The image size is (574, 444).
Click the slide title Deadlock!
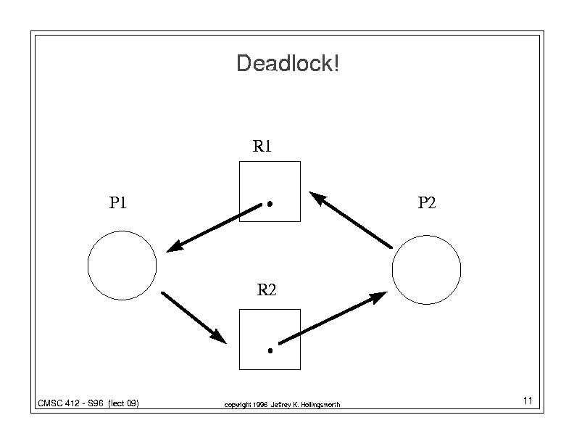tap(288, 63)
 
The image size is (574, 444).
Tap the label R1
tap(262, 146)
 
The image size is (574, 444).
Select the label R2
tap(267, 289)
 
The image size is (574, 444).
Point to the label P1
tap(118, 202)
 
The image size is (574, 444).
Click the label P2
tap(427, 202)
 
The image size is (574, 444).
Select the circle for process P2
tap(392, 270)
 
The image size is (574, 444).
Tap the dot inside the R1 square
tap(270, 204)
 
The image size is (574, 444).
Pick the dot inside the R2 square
tap(270, 351)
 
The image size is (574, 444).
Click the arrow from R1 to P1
tap(214, 228)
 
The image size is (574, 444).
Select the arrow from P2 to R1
tap(351, 220)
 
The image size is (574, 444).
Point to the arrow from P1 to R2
tap(194, 318)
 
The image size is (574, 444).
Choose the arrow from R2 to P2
tap(333, 318)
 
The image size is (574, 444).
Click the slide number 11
tap(528, 400)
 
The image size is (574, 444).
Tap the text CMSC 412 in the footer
tap(59, 403)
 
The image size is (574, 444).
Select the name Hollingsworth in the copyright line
tap(320, 405)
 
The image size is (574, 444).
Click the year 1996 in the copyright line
tap(260, 405)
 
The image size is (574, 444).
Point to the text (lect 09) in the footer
tap(123, 403)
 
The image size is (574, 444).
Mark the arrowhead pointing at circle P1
tap(175, 246)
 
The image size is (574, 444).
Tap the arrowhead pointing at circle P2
tap(378, 297)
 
